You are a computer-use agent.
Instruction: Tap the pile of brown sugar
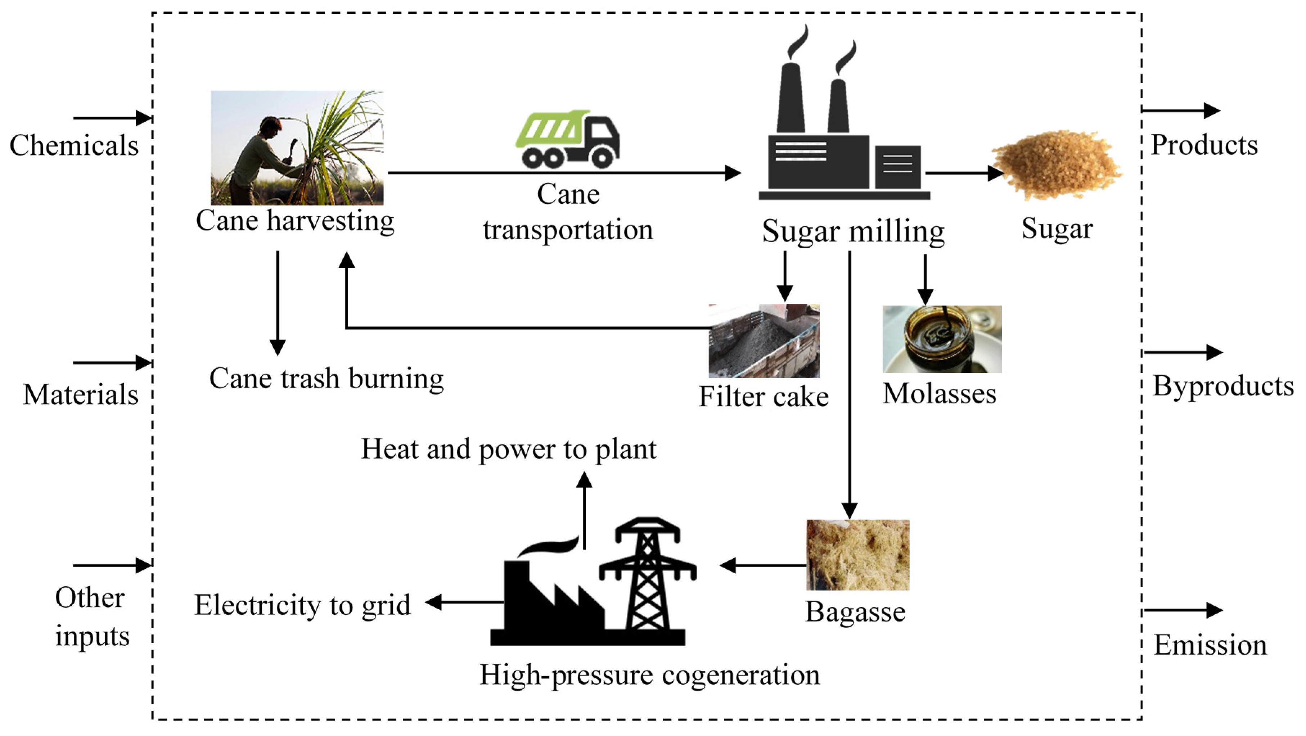pyautogui.click(x=1057, y=165)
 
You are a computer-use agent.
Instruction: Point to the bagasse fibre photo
pyautogui.click(x=857, y=555)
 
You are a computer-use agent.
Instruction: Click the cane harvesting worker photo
pyautogui.click(x=297, y=148)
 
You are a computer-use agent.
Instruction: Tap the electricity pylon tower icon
pyautogui.click(x=648, y=575)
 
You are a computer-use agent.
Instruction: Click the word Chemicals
pyautogui.click(x=74, y=145)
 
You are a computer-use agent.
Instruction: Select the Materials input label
pyautogui.click(x=81, y=394)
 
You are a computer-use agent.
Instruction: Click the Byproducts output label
pyautogui.click(x=1223, y=386)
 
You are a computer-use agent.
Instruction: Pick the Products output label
pyautogui.click(x=1204, y=145)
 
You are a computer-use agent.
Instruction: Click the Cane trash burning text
pyautogui.click(x=326, y=379)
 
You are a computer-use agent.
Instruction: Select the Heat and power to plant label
pyautogui.click(x=509, y=449)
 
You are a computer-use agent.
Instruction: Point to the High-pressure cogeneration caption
pyautogui.click(x=649, y=675)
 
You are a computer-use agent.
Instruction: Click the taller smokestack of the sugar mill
pyautogui.click(x=791, y=99)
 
